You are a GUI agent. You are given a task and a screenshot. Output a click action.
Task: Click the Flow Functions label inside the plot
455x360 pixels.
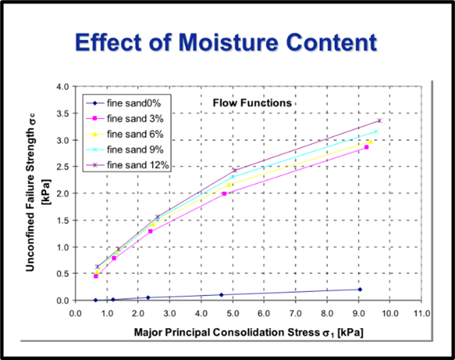point(252,102)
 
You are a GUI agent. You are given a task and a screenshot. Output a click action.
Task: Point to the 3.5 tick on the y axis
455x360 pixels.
point(63,113)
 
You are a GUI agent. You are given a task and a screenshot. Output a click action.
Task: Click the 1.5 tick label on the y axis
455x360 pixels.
point(63,221)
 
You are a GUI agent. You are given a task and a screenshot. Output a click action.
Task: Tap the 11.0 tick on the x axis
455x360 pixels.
point(421,312)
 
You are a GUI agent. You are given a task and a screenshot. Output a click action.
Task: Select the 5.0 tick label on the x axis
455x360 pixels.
point(232,312)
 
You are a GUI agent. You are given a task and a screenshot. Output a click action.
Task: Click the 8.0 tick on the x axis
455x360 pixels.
point(327,312)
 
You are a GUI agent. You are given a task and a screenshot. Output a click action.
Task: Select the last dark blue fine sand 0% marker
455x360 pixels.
point(360,289)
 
